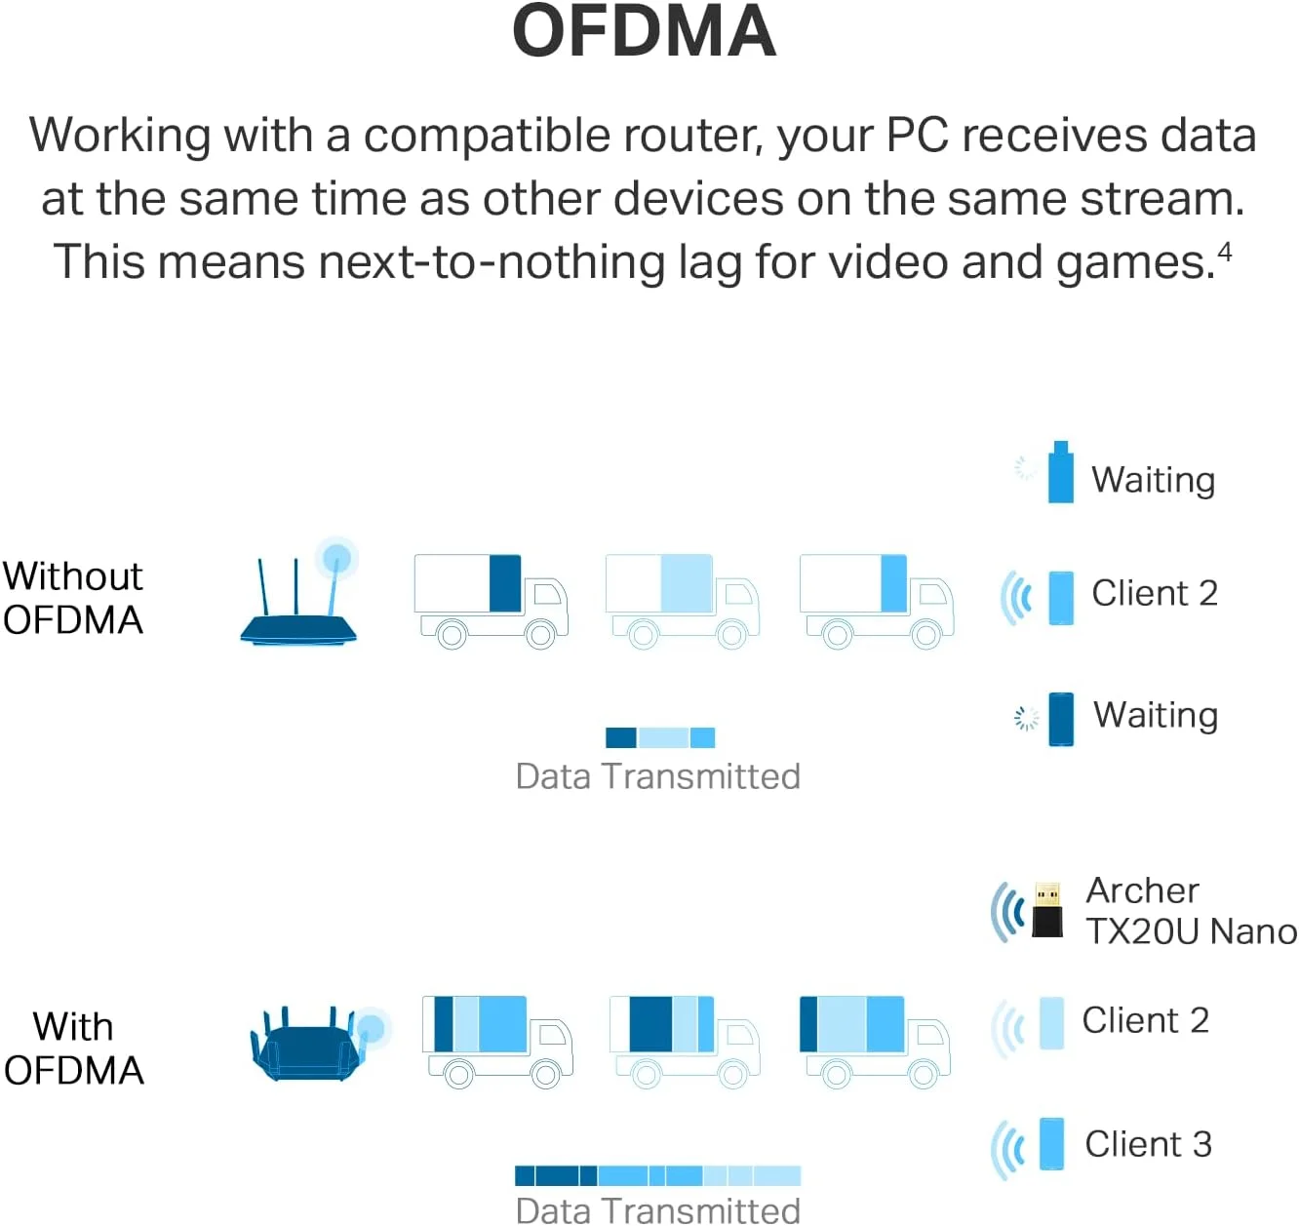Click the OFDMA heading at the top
tap(644, 31)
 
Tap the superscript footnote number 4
tap(1224, 253)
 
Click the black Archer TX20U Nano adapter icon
tap(1046, 910)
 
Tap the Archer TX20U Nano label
tap(1191, 911)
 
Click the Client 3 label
tap(1148, 1144)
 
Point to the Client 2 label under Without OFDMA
tap(1154, 593)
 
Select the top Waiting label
tap(1153, 480)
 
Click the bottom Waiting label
tap(1155, 715)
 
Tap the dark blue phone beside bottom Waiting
tap(1060, 719)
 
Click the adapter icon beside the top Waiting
tap(1060, 474)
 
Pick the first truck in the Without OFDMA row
tap(491, 600)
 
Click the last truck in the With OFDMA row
tap(875, 1041)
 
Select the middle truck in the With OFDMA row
tap(684, 1041)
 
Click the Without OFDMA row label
tap(73, 598)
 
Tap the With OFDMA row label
tap(74, 1048)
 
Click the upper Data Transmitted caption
tap(657, 776)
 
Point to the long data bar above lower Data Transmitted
tap(657, 1175)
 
